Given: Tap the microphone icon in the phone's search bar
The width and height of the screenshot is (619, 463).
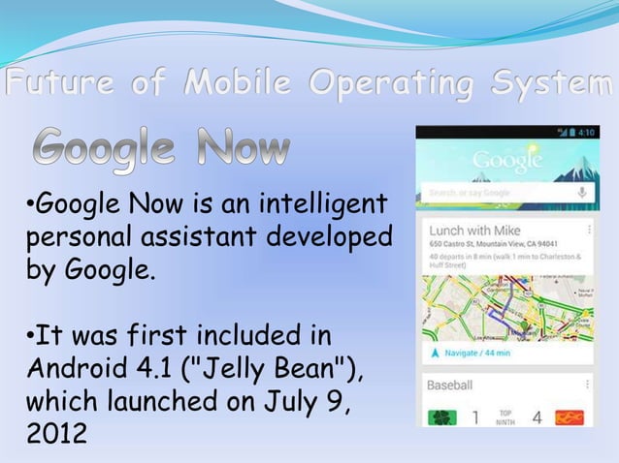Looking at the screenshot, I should point(582,193).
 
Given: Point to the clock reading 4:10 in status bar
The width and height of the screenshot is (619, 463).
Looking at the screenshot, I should point(588,132).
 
